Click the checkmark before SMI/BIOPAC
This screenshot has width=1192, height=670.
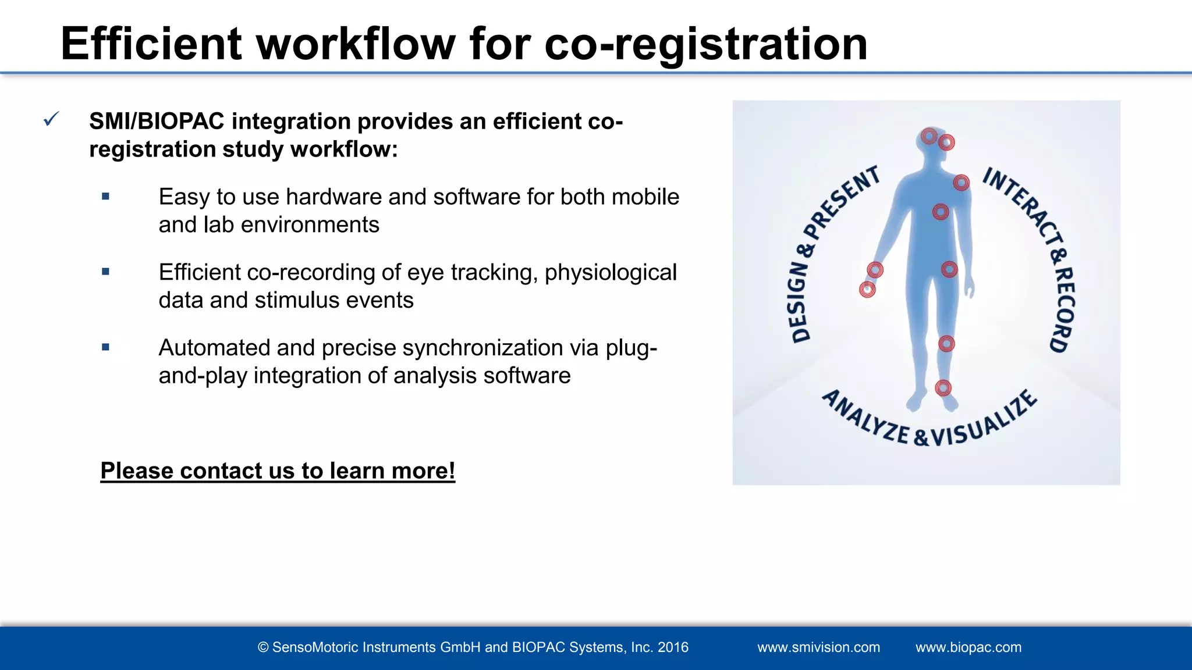(x=51, y=120)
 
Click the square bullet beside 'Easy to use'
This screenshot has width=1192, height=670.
(x=105, y=197)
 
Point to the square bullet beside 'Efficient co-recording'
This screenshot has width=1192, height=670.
(x=105, y=272)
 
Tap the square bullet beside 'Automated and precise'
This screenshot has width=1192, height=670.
(x=105, y=347)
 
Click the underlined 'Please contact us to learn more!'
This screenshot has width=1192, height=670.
(x=278, y=471)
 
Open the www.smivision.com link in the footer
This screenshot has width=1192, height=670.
(x=818, y=647)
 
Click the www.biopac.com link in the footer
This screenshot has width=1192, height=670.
(x=968, y=647)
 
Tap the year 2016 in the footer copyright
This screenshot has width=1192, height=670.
(x=673, y=647)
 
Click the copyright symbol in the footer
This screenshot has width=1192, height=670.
(x=263, y=647)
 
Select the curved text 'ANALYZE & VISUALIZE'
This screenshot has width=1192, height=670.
(x=928, y=425)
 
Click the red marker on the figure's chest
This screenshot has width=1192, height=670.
(x=941, y=212)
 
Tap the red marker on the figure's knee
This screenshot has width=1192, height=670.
(x=946, y=344)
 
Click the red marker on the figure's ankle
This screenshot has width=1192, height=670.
(x=943, y=388)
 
